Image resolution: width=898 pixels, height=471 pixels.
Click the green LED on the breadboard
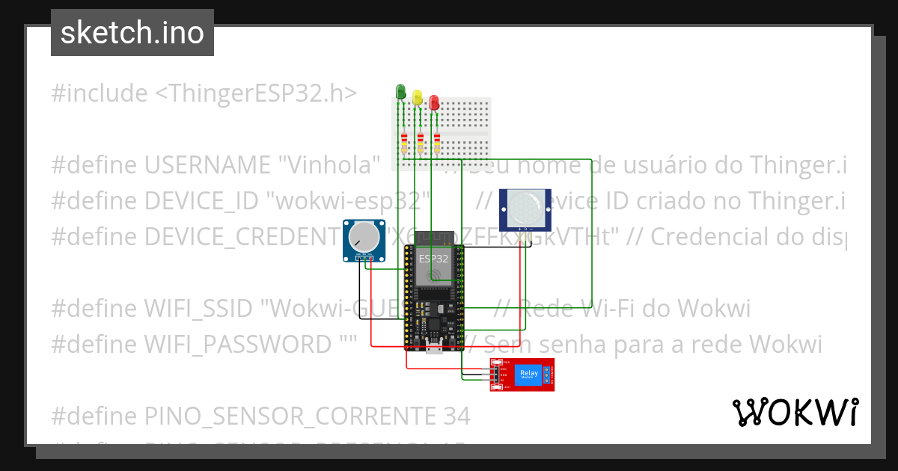(400, 92)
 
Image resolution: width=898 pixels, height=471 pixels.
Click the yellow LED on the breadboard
(417, 97)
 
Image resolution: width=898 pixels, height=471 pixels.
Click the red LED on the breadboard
(434, 102)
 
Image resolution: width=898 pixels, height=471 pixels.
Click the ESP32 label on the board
(433, 259)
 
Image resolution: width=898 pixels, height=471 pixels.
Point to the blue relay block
(529, 375)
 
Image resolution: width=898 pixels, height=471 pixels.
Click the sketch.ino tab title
(132, 33)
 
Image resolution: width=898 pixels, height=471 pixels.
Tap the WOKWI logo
(795, 412)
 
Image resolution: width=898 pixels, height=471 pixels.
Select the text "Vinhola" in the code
(326, 165)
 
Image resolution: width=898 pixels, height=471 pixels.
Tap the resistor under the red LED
(437, 141)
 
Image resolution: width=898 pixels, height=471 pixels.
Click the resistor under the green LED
(404, 141)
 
